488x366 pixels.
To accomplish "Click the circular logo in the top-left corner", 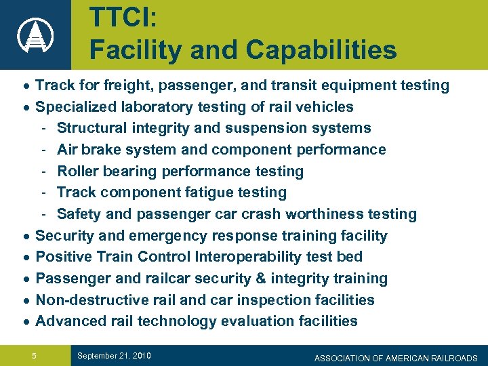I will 35,35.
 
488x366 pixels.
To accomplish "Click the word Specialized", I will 78,106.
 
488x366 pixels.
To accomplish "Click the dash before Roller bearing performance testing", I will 43,171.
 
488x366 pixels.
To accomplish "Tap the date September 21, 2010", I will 114,356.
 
